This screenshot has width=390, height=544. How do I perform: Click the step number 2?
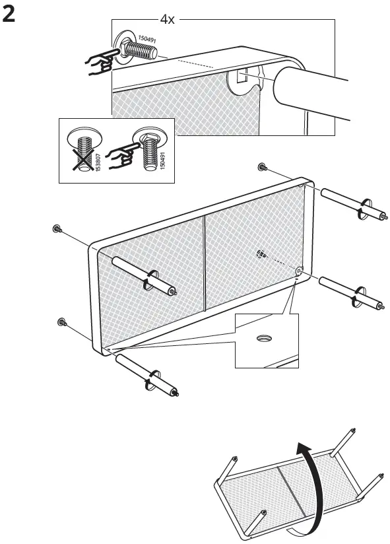[x=9, y=15]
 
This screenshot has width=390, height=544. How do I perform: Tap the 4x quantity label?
[x=168, y=20]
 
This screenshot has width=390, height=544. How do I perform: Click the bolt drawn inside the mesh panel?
[x=261, y=254]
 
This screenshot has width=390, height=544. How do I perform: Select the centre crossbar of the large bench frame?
[x=205, y=261]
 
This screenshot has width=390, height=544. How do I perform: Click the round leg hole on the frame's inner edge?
[x=299, y=271]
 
